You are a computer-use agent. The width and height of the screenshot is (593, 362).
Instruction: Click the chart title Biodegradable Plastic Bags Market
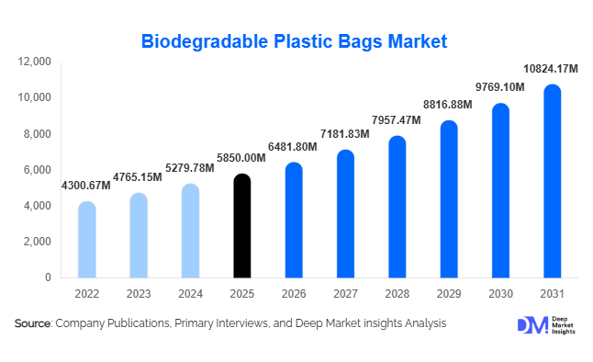click(x=295, y=41)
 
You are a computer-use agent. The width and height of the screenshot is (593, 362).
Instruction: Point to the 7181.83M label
click(x=344, y=134)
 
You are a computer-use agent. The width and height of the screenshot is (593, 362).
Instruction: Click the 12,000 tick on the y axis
click(x=36, y=62)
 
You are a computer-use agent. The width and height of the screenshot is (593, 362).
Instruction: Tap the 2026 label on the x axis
click(x=293, y=293)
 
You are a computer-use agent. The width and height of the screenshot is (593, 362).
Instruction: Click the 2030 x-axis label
click(x=500, y=293)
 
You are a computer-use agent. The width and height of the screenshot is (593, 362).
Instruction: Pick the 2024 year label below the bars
click(x=189, y=293)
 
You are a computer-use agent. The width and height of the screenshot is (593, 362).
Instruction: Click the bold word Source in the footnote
click(x=33, y=323)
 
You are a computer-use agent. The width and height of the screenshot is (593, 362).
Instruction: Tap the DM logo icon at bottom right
click(x=531, y=324)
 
